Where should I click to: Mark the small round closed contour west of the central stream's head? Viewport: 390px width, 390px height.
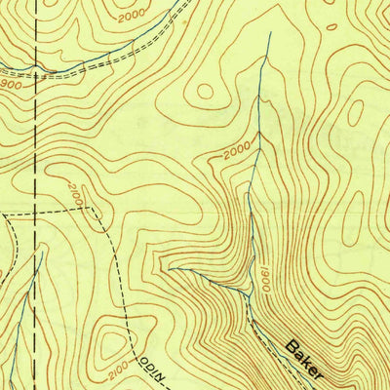[205, 91]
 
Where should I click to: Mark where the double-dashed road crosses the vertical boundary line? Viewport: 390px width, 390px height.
[36, 66]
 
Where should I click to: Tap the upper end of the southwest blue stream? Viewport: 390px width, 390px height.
[42, 252]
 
